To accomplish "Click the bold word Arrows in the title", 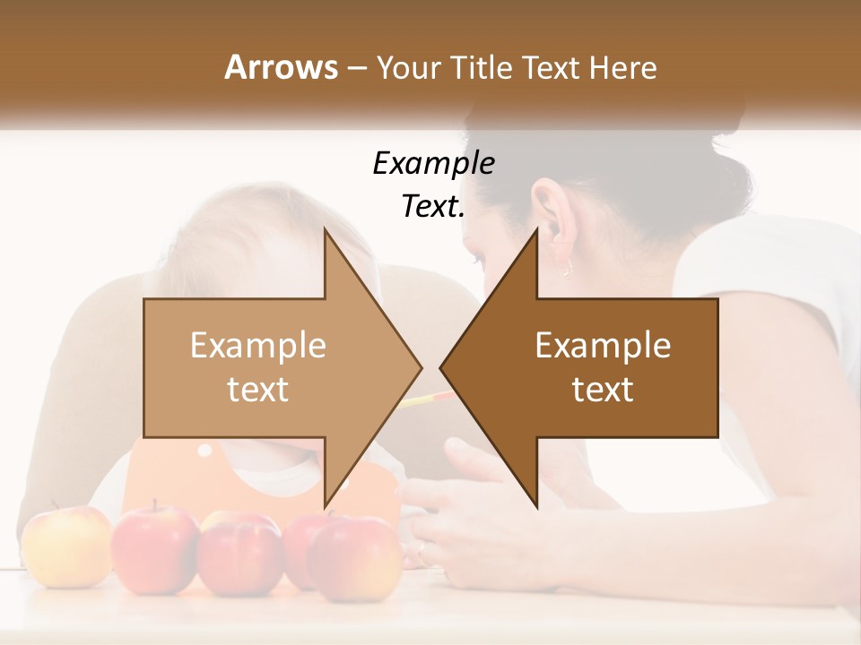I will pyautogui.click(x=280, y=67).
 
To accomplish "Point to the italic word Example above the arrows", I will pyautogui.click(x=433, y=164).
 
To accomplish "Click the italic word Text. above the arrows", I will pyautogui.click(x=433, y=207).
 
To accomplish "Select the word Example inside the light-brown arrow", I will pyautogui.click(x=258, y=346).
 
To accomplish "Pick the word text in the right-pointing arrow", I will pyautogui.click(x=258, y=389).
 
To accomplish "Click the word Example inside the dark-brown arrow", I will pyautogui.click(x=603, y=346).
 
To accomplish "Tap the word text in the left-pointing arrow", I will pyautogui.click(x=603, y=389).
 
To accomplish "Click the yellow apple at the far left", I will pyautogui.click(x=65, y=546).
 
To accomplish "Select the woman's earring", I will pyautogui.click(x=567, y=269).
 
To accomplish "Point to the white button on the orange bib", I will pyautogui.click(x=205, y=450).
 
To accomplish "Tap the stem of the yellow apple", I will pyautogui.click(x=56, y=507).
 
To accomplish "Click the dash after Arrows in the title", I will pyautogui.click(x=356, y=68).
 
